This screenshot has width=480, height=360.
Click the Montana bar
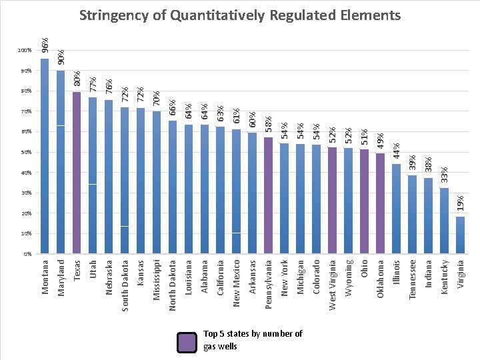(x=45, y=157)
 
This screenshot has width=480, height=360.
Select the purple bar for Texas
(x=77, y=173)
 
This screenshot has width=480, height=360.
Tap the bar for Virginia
(x=461, y=235)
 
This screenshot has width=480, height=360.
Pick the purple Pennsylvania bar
(x=269, y=196)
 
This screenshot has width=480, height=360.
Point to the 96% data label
(x=45, y=45)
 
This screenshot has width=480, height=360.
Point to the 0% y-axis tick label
(x=27, y=255)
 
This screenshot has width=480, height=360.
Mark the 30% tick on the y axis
(x=25, y=193)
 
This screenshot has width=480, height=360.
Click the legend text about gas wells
(x=253, y=340)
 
